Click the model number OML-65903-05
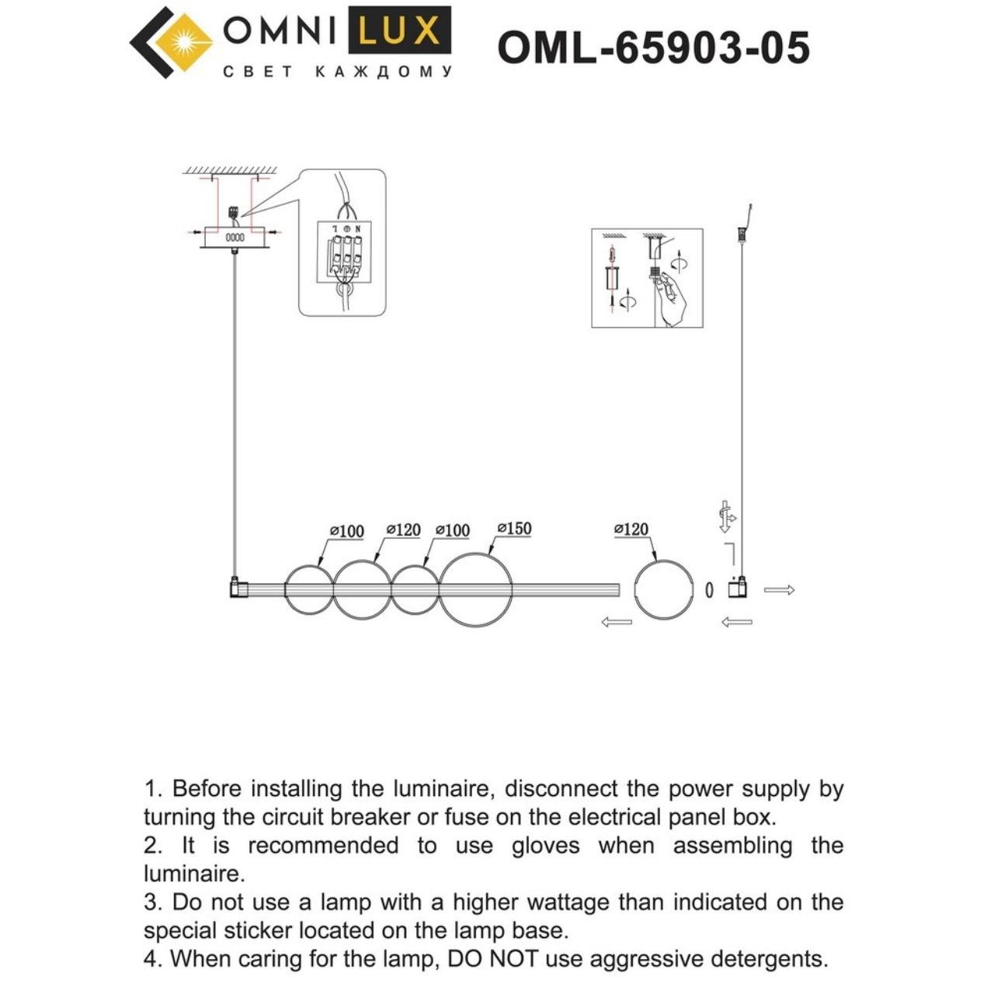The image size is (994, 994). (653, 47)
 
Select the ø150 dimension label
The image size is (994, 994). (514, 529)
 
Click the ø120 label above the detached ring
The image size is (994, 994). (631, 530)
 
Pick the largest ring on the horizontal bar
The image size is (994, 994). (475, 589)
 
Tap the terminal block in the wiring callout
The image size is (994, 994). (342, 252)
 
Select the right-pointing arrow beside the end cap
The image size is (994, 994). (779, 590)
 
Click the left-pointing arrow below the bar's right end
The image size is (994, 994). (617, 622)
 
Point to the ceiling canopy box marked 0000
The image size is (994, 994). (235, 237)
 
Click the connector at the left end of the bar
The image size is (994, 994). (238, 589)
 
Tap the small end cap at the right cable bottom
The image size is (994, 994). (738, 589)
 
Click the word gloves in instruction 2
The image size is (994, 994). (545, 846)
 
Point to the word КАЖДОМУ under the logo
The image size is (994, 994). (384, 72)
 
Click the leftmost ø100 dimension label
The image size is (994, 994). (346, 531)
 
